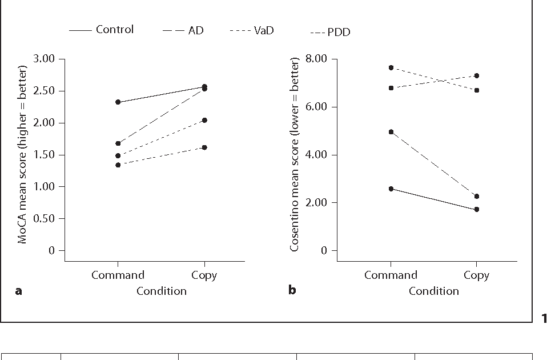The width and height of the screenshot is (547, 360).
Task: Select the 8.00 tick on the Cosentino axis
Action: point(317,59)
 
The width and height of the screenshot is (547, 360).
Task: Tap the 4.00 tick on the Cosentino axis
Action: point(317,155)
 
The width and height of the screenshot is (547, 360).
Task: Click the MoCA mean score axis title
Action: point(22,154)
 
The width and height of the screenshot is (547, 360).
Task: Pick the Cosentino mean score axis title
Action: point(295,154)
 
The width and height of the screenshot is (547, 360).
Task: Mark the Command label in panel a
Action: point(118,275)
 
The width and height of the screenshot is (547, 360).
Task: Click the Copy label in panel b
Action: point(476,275)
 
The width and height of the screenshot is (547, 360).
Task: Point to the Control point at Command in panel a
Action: point(118,102)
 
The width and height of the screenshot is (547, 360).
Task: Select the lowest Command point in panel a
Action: point(118,165)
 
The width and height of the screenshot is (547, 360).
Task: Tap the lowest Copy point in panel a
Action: point(204,147)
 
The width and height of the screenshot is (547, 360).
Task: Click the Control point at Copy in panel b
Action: point(476,210)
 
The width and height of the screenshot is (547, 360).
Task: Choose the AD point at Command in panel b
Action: point(391,132)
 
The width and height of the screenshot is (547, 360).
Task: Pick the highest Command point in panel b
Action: point(391,67)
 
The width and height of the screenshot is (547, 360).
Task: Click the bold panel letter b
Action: point(292,291)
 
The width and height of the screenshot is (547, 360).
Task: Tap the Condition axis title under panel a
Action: point(161,291)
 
